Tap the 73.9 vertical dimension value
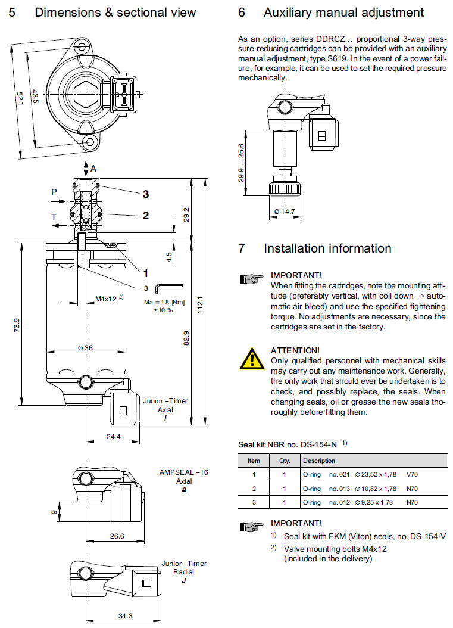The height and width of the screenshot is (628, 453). point(17,325)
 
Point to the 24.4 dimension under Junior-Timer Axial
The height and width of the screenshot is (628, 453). point(112,437)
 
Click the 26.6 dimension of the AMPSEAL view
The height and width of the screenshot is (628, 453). point(117,536)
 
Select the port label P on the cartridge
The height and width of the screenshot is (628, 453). point(54,192)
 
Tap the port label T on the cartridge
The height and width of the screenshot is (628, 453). point(54,218)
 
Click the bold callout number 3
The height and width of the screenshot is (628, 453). point(145,194)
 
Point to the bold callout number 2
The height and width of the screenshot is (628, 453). point(145,216)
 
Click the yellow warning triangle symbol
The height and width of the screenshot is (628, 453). point(252,358)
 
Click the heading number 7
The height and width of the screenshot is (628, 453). point(242,248)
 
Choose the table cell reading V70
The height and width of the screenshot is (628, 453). point(413,474)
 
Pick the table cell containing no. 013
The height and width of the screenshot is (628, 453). point(339,489)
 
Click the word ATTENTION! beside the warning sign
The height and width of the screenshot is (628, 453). point(295,350)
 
